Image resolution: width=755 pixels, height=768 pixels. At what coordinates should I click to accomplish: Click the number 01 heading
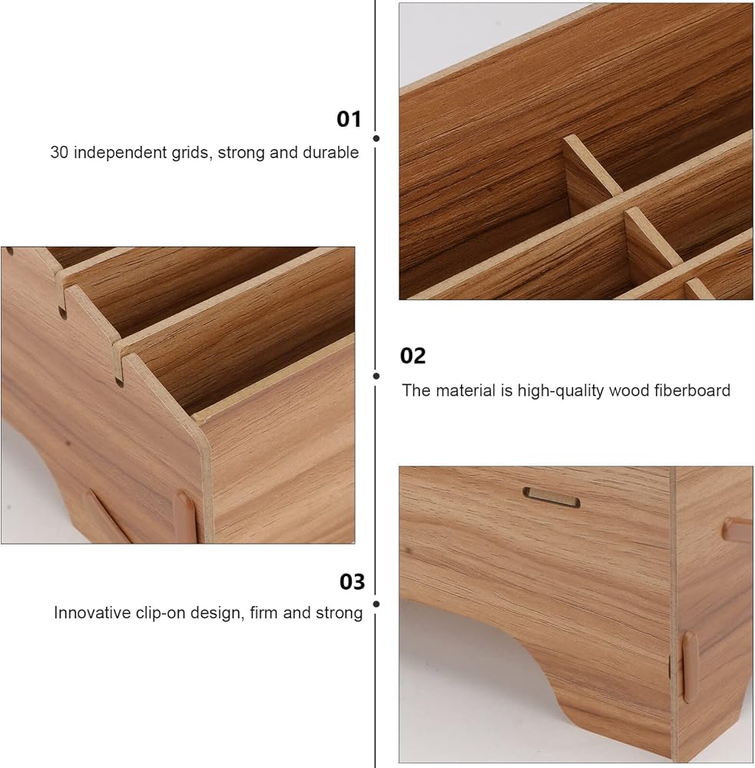pos(349,119)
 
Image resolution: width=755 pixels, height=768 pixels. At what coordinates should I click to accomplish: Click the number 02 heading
pos(412,356)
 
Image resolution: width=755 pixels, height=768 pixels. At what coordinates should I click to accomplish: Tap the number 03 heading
pos(353,581)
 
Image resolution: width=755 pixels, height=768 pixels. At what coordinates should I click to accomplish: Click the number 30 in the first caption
pos(59,152)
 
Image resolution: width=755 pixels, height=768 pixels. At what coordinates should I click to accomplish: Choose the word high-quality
pos(561,392)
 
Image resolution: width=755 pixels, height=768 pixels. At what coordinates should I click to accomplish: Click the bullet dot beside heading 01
pos(376,138)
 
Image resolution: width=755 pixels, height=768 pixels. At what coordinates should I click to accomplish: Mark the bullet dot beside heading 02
pos(376,376)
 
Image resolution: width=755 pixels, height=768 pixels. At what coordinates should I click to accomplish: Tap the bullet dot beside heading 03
pos(376,604)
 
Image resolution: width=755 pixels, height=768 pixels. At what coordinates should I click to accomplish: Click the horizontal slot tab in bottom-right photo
pos(551,497)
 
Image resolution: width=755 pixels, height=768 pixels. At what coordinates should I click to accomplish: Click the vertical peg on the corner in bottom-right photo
pos(690,667)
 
